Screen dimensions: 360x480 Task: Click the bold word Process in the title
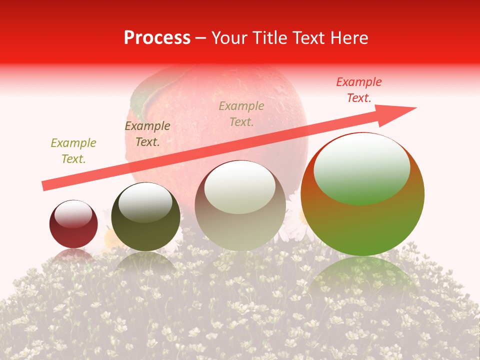(x=157, y=38)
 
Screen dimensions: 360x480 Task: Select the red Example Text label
(x=358, y=90)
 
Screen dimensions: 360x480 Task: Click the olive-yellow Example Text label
(x=73, y=151)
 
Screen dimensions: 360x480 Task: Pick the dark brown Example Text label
(x=147, y=134)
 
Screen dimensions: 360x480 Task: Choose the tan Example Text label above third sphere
(x=241, y=114)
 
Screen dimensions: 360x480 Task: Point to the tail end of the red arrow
(x=45, y=185)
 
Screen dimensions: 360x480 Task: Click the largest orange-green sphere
(x=362, y=220)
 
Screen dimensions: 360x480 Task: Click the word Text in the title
(x=308, y=38)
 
